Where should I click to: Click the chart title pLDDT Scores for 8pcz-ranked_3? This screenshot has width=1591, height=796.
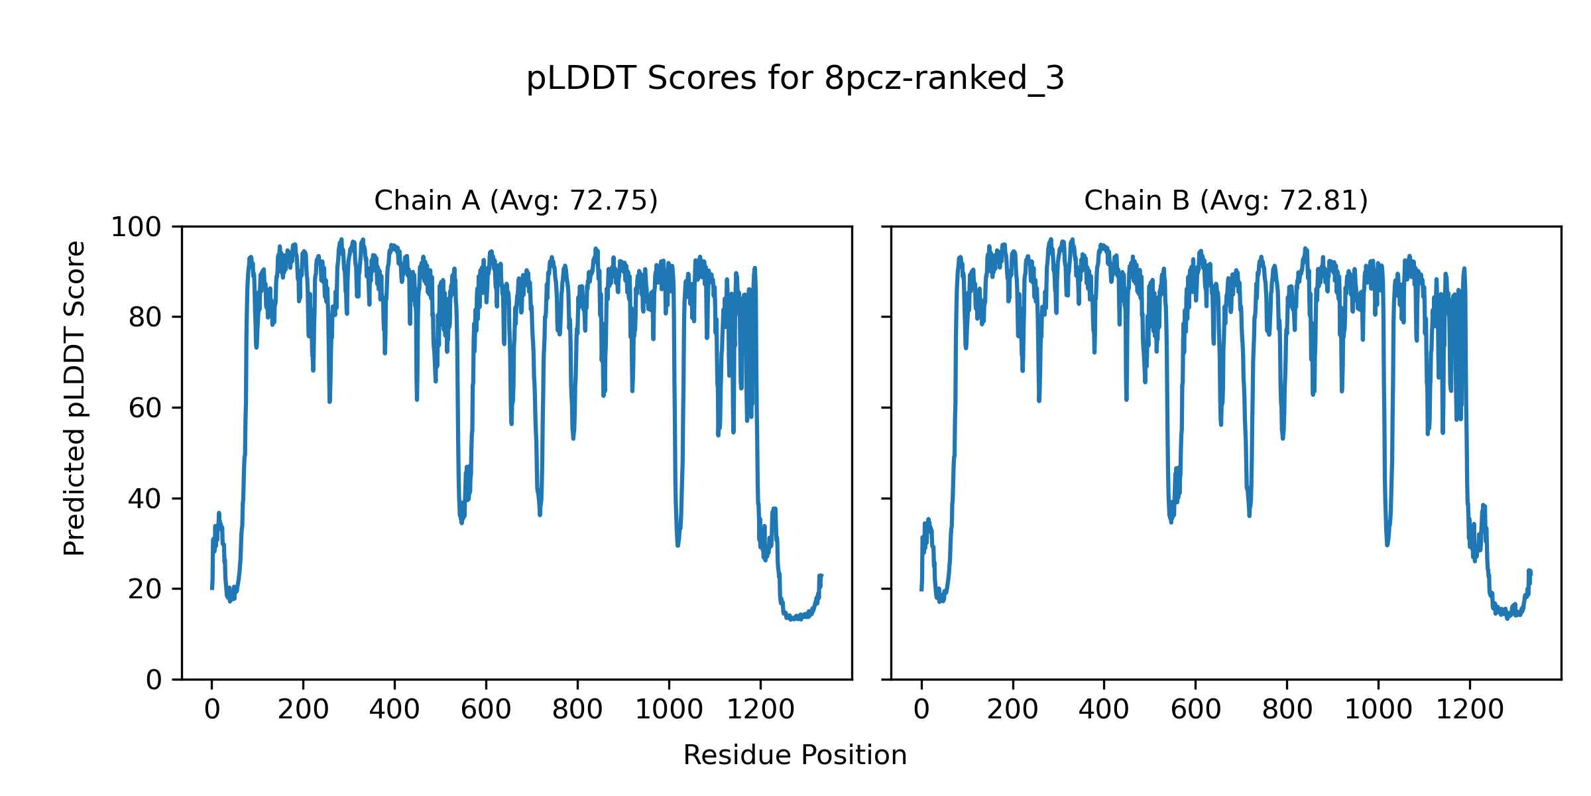pos(795,78)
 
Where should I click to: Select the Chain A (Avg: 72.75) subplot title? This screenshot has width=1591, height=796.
pos(516,200)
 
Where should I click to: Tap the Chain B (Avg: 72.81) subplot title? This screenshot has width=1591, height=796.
pos(1226,200)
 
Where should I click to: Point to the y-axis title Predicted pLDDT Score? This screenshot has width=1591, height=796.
pos(74,398)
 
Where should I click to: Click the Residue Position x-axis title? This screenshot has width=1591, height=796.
pos(795,756)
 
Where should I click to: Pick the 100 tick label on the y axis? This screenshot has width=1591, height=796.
pos(136,228)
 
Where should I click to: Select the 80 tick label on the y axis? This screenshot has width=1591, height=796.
pos(145,318)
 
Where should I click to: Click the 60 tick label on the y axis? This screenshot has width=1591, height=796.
pos(145,408)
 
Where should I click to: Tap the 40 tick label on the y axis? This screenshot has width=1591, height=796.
pos(145,499)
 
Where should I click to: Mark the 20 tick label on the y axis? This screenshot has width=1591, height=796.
pos(145,589)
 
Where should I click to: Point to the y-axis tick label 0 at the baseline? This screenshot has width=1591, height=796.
pos(154,680)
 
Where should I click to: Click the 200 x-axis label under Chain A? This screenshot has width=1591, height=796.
pos(303,710)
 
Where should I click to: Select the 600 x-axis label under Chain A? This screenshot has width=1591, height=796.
pos(486,710)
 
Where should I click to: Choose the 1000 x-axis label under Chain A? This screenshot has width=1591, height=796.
pos(669,710)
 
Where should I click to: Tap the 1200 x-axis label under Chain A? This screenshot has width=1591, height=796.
pos(760,710)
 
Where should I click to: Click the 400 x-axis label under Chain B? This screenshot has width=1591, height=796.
pos(1104,710)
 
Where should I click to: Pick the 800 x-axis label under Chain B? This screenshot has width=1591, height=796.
pos(1287,710)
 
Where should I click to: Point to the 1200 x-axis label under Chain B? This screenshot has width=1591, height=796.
pos(1470,710)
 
